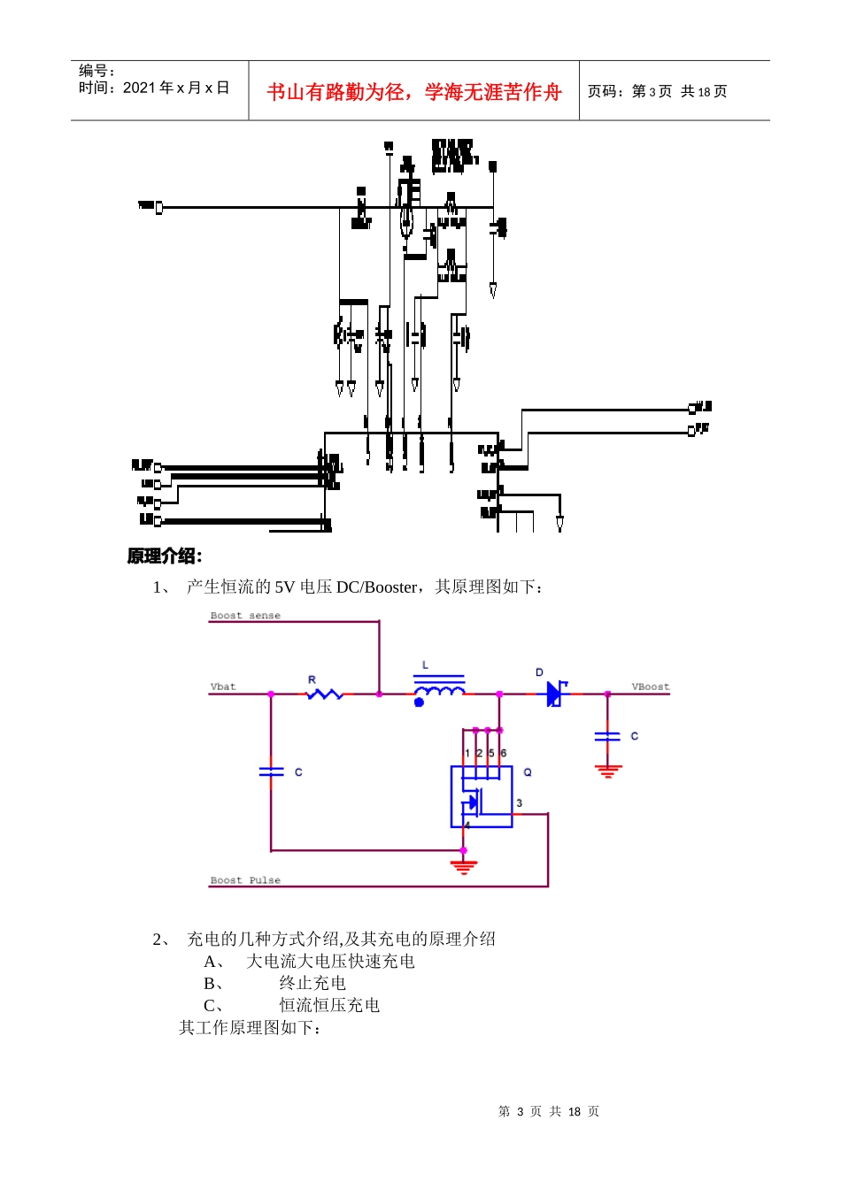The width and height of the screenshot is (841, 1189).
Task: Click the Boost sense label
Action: point(245,616)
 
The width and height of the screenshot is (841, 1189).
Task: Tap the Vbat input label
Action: point(223,687)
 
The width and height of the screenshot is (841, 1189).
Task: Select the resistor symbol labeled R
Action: point(324,694)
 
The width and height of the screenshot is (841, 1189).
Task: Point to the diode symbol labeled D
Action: point(555,694)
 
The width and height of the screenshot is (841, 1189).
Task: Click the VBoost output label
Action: point(650,687)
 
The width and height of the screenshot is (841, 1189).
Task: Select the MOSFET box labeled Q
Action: point(482,797)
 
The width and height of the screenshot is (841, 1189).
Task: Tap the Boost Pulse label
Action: point(245,880)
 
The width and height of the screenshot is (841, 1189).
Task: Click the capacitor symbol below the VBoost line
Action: point(607,736)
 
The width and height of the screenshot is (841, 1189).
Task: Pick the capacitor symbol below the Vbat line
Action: point(271,772)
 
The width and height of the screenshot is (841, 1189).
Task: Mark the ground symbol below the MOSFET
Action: point(463,866)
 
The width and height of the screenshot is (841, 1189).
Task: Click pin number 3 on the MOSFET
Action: point(519,803)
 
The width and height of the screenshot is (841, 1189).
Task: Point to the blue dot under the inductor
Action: point(419,702)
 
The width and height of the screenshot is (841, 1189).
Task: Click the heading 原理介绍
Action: point(165,556)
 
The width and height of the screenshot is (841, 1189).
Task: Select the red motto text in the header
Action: point(413,92)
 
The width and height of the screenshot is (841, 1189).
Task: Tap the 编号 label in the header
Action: point(96,71)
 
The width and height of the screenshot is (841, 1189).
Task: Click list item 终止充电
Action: point(312,983)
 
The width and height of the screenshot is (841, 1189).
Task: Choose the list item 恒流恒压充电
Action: point(329,1005)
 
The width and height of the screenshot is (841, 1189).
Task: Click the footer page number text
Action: point(549,1111)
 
